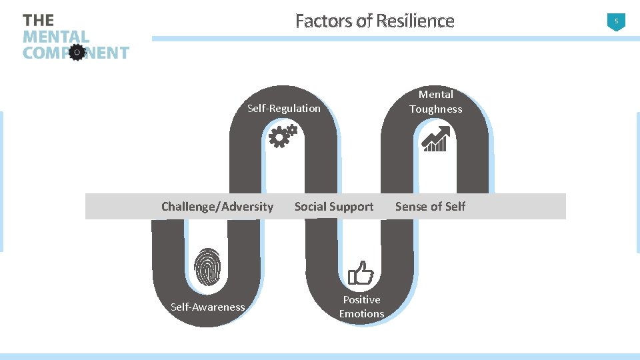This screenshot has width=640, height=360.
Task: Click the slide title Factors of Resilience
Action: click(x=375, y=21)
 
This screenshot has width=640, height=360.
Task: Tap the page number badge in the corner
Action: click(x=616, y=22)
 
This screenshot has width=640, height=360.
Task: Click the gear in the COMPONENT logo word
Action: click(x=77, y=52)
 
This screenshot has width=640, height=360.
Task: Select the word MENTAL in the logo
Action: click(x=56, y=37)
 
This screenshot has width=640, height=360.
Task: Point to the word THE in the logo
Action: click(x=39, y=21)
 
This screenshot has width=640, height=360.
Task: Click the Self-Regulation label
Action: click(x=284, y=108)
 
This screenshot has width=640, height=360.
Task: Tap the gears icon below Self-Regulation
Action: click(x=282, y=136)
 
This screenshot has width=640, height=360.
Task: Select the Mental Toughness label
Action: click(x=435, y=102)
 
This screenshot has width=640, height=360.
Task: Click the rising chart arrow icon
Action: click(x=436, y=139)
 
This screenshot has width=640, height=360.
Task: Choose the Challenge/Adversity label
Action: click(x=217, y=207)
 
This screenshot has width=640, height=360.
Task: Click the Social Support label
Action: click(x=334, y=207)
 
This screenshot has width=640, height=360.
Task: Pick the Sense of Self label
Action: click(x=430, y=207)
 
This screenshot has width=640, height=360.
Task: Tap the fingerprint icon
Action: click(x=207, y=267)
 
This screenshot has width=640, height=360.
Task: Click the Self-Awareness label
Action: click(x=207, y=307)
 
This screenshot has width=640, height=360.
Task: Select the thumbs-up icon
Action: click(x=361, y=273)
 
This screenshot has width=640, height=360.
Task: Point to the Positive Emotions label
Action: click(x=361, y=307)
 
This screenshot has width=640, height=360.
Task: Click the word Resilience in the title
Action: click(x=415, y=21)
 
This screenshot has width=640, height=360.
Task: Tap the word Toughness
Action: click(x=435, y=109)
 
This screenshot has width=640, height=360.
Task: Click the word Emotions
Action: click(x=361, y=314)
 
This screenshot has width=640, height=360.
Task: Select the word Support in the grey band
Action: click(x=354, y=207)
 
